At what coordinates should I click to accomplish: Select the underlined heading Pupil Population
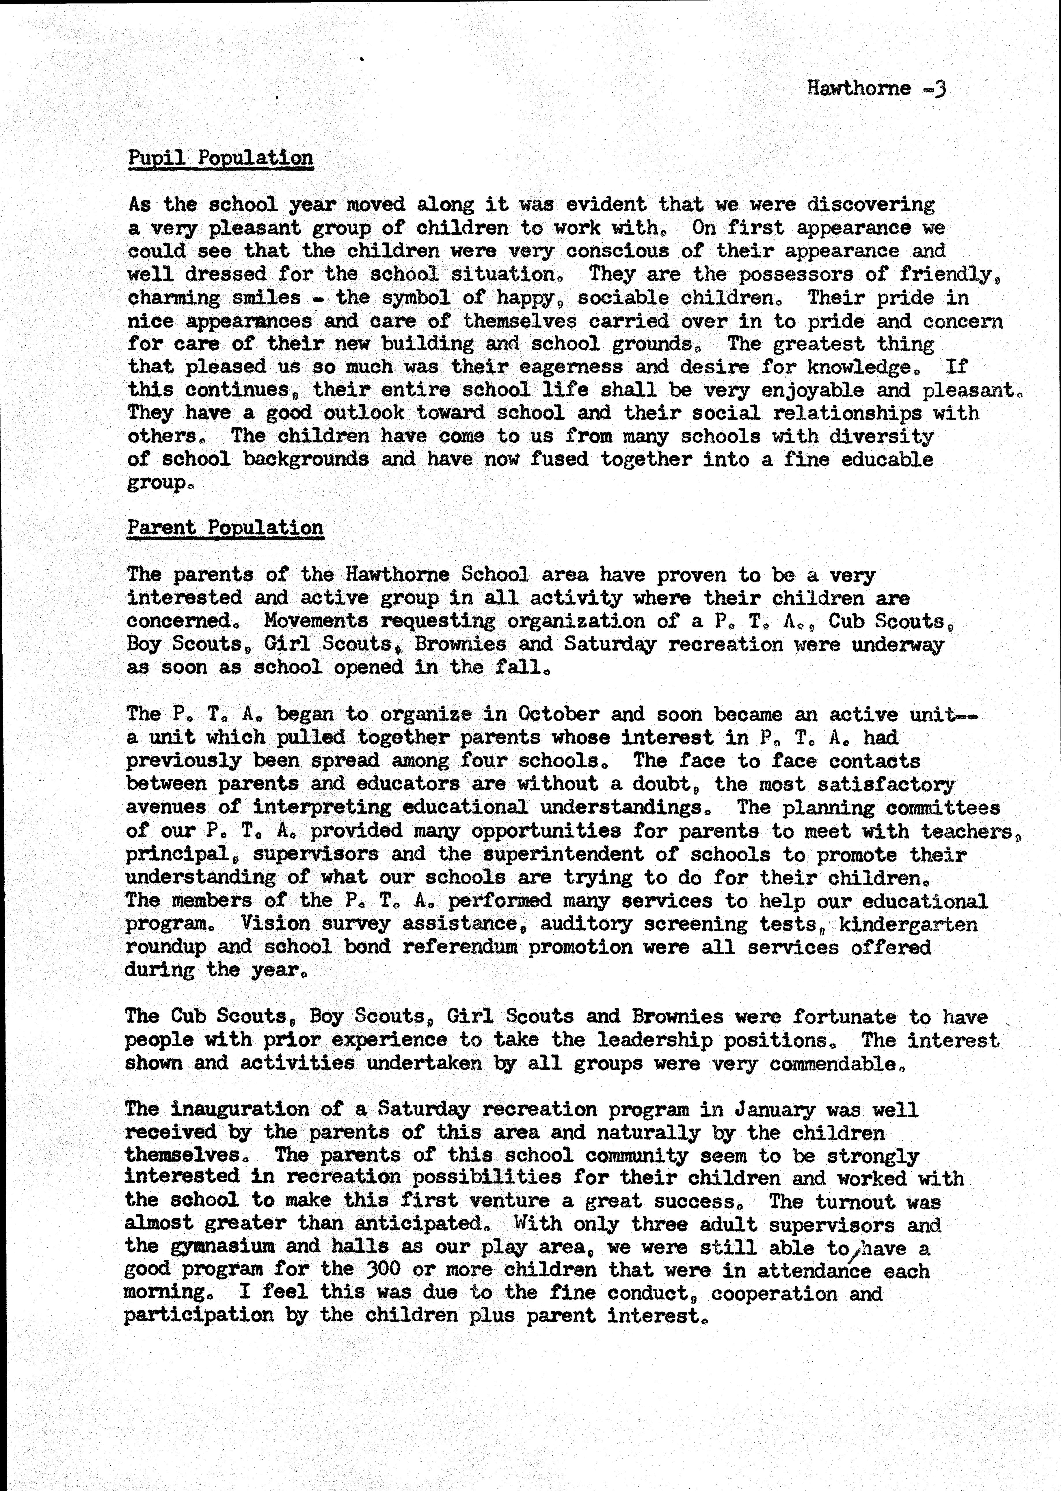tap(220, 158)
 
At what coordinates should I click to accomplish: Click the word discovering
tap(871, 205)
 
